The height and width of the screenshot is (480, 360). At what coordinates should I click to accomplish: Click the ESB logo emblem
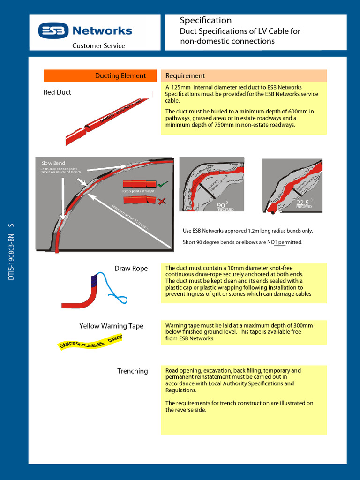pos(53,31)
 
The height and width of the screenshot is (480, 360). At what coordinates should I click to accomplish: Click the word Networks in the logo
pos(102,31)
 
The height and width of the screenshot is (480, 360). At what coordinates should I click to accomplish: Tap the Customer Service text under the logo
pos(98,46)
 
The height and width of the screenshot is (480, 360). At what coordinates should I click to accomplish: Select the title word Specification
pos(206,20)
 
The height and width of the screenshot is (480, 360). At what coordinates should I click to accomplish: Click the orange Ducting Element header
pos(120,76)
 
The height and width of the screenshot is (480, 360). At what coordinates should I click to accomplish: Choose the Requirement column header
pos(185,76)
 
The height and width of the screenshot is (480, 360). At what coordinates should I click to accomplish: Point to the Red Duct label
pos(57,92)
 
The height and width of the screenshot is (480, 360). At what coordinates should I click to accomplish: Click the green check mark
pos(163,184)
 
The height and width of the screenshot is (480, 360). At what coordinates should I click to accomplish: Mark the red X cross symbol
pos(163,201)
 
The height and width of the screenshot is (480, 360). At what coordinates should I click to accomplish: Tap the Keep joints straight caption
pos(138,191)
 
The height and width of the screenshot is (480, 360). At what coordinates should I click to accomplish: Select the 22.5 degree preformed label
pos(304,203)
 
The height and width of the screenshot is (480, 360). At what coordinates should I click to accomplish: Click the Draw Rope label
pos(131,269)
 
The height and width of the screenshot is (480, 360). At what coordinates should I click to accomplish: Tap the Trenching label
pos(132,371)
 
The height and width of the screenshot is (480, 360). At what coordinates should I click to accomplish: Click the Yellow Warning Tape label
pos(111,326)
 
